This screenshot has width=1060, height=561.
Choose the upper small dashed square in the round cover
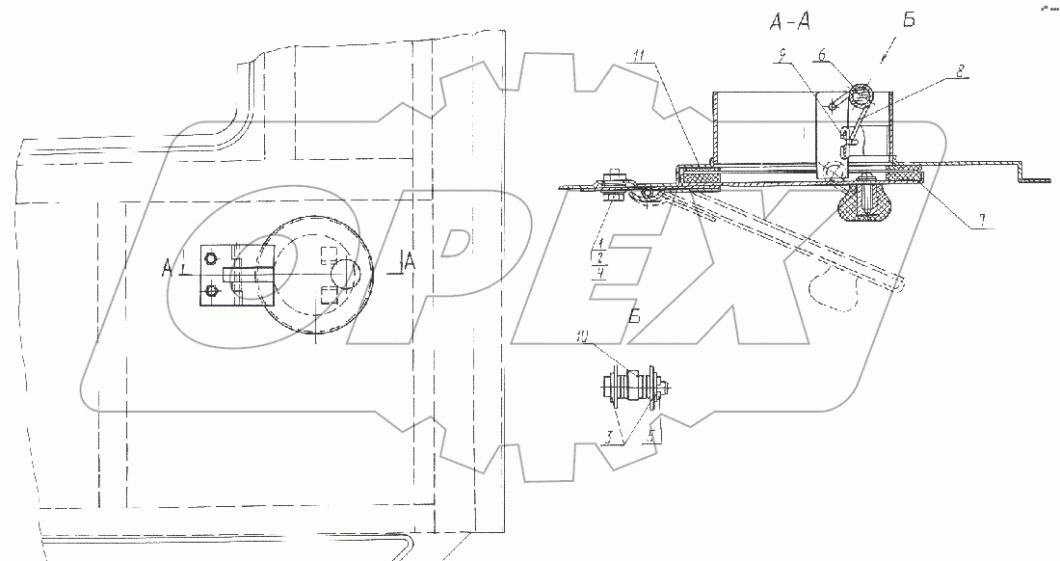(x=328, y=256)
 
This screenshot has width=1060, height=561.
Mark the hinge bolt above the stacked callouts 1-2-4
(x=612, y=183)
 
